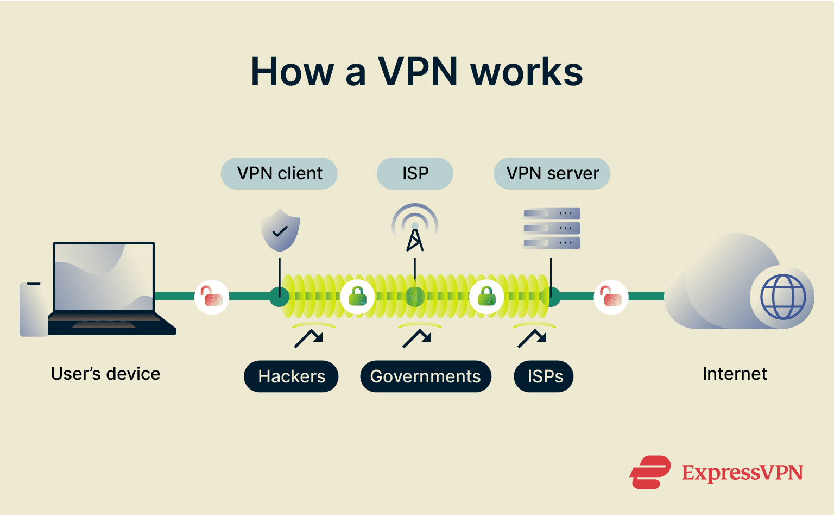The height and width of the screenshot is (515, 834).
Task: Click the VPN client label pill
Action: pyautogui.click(x=279, y=173)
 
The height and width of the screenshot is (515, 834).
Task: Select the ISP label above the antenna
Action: pyautogui.click(x=415, y=173)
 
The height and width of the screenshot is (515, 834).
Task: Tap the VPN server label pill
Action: pyautogui.click(x=552, y=173)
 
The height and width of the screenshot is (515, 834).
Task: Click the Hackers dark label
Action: pyautogui.click(x=291, y=376)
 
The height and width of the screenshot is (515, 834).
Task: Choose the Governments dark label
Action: pyautogui.click(x=425, y=376)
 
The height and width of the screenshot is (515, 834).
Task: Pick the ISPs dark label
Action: pyautogui.click(x=544, y=376)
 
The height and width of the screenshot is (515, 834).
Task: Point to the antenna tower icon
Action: pyautogui.click(x=415, y=229)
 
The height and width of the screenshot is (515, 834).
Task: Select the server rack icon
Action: pyautogui.click(x=551, y=228)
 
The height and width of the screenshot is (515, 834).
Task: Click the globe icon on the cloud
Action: pyautogui.click(x=782, y=297)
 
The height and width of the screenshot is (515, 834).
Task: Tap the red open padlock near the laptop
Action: pyautogui.click(x=212, y=297)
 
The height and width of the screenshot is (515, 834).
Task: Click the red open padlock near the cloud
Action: pyautogui.click(x=611, y=297)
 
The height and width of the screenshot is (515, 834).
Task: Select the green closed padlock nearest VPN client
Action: pyautogui.click(x=357, y=297)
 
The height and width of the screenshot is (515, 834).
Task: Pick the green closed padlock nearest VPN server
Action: pyautogui.click(x=486, y=297)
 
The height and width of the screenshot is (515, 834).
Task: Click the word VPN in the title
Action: pyautogui.click(x=418, y=72)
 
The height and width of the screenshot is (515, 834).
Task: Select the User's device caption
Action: pyautogui.click(x=105, y=374)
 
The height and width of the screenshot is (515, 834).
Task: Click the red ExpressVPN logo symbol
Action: pyautogui.click(x=649, y=472)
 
